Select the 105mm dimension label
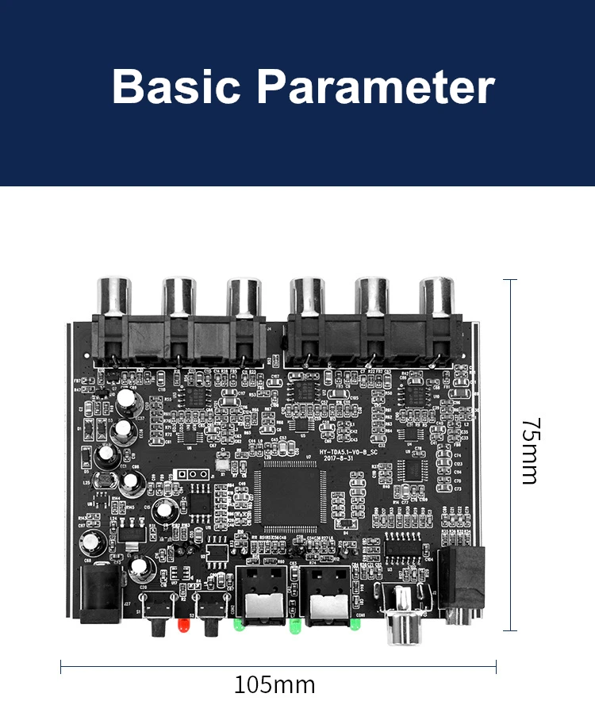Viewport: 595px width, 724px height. coord(274,684)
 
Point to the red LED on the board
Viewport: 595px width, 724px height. coord(182,626)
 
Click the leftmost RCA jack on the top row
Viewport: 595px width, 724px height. coord(113,297)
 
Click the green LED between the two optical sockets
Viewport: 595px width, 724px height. coord(294,628)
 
